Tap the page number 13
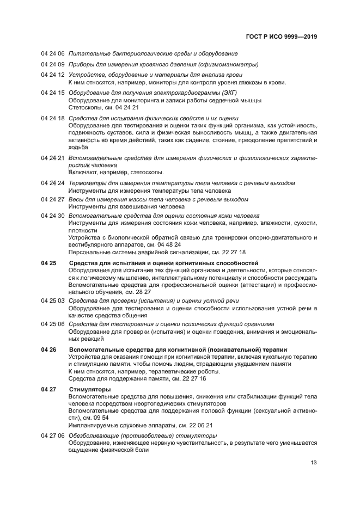[x=314, y=463]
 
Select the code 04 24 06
[x=53, y=53]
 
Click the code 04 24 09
[x=53, y=64]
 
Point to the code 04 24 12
[x=53, y=75]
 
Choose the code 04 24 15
[x=53, y=93]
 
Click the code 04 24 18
[x=53, y=118]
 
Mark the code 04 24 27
[x=53, y=199]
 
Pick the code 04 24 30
[x=53, y=216]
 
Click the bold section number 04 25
[x=48, y=263]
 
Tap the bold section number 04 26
[x=48, y=349]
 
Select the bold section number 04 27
[x=48, y=390]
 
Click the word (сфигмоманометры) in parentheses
[x=228, y=64]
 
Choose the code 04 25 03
[x=53, y=300]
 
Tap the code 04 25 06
[x=53, y=324]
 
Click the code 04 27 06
[x=53, y=436]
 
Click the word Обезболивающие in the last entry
[x=95, y=436]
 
